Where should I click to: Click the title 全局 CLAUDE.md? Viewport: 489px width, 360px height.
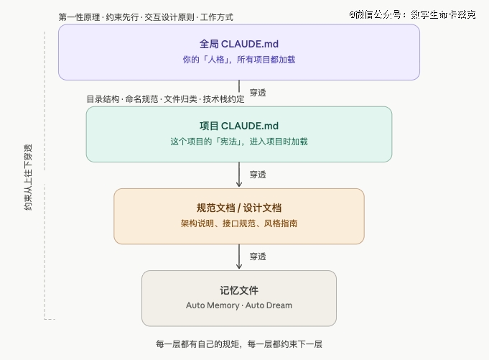pyautogui.click(x=238, y=45)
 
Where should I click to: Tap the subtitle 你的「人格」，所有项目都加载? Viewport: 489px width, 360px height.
pyautogui.click(x=238, y=60)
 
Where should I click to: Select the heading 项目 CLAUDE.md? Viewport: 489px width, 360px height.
pyautogui.click(x=238, y=126)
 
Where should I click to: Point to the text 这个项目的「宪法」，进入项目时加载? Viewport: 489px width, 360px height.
pyautogui.click(x=238, y=142)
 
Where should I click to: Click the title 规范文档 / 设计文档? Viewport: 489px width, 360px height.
pyautogui.click(x=238, y=208)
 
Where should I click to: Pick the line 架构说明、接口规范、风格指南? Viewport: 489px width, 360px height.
pyautogui.click(x=238, y=224)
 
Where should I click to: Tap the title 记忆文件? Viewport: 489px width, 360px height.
pyautogui.click(x=238, y=290)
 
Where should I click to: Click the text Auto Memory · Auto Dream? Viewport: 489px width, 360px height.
pyautogui.click(x=238, y=305)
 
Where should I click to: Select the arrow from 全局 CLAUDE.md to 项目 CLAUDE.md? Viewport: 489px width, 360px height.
pyautogui.click(x=239, y=93)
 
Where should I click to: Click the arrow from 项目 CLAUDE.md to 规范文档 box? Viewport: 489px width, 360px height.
pyautogui.click(x=239, y=175)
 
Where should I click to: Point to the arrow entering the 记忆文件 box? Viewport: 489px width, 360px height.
pyautogui.click(x=239, y=257)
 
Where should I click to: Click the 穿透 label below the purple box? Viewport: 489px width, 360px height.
pyautogui.click(x=258, y=93)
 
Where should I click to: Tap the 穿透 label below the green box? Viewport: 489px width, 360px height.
pyautogui.click(x=258, y=175)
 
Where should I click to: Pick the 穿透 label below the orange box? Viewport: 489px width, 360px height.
pyautogui.click(x=258, y=257)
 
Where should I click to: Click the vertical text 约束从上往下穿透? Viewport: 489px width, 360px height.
pyautogui.click(x=28, y=180)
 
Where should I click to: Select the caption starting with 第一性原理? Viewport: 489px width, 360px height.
pyautogui.click(x=145, y=17)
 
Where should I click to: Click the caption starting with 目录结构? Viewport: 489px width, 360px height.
pyautogui.click(x=165, y=99)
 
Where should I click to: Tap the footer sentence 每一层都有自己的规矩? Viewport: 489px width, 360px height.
pyautogui.click(x=238, y=344)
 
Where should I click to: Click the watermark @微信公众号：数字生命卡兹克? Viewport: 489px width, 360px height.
pyautogui.click(x=412, y=14)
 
